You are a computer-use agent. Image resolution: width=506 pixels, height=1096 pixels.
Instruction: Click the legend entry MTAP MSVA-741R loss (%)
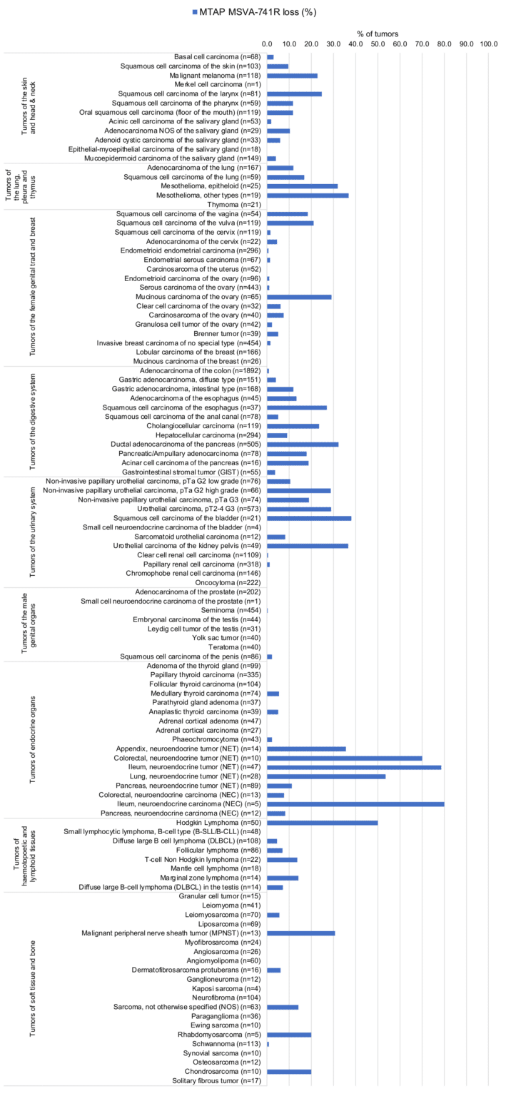(258, 12)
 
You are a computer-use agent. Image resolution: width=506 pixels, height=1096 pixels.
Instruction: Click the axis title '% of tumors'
(378, 34)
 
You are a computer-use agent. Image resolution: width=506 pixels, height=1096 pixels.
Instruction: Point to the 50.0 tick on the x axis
(378, 44)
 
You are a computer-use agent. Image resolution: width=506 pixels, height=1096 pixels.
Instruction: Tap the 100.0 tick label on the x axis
(489, 44)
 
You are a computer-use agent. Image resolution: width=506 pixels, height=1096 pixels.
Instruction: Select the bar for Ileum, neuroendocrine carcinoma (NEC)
(355, 804)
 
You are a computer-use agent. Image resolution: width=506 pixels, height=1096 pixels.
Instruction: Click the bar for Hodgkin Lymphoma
(322, 823)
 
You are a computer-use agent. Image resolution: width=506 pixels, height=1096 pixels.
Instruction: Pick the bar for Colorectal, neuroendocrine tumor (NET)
(344, 758)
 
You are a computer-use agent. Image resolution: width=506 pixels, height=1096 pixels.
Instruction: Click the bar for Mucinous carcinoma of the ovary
(299, 277)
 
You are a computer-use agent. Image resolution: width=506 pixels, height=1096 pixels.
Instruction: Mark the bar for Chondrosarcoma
(289, 1072)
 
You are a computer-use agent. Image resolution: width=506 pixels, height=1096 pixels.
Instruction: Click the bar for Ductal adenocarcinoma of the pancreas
(303, 445)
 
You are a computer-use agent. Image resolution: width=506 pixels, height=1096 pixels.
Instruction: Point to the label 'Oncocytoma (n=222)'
(229, 582)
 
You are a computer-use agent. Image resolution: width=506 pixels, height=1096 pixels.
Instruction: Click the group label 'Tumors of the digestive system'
(34, 421)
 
